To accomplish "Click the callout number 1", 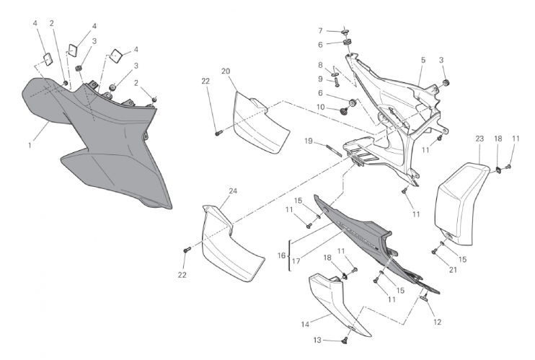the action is pyautogui.click(x=30, y=145).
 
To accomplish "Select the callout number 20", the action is pyautogui.click(x=226, y=71).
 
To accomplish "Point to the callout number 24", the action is pyautogui.click(x=233, y=191).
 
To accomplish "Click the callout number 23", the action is pyautogui.click(x=479, y=139).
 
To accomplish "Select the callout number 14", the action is pyautogui.click(x=305, y=324).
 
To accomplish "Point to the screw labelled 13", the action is pyautogui.click(x=344, y=341).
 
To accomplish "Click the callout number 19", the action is pyautogui.click(x=309, y=141).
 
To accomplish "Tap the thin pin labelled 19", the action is pyautogui.click(x=333, y=150).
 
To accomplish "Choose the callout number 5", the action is pyautogui.click(x=423, y=60).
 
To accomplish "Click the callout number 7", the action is pyautogui.click(x=320, y=31).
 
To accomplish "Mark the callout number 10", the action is pyautogui.click(x=320, y=107).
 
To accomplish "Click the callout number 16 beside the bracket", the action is pyautogui.click(x=281, y=255).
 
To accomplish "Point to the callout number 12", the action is pyautogui.click(x=438, y=322).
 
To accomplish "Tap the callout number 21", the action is pyautogui.click(x=453, y=270).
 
